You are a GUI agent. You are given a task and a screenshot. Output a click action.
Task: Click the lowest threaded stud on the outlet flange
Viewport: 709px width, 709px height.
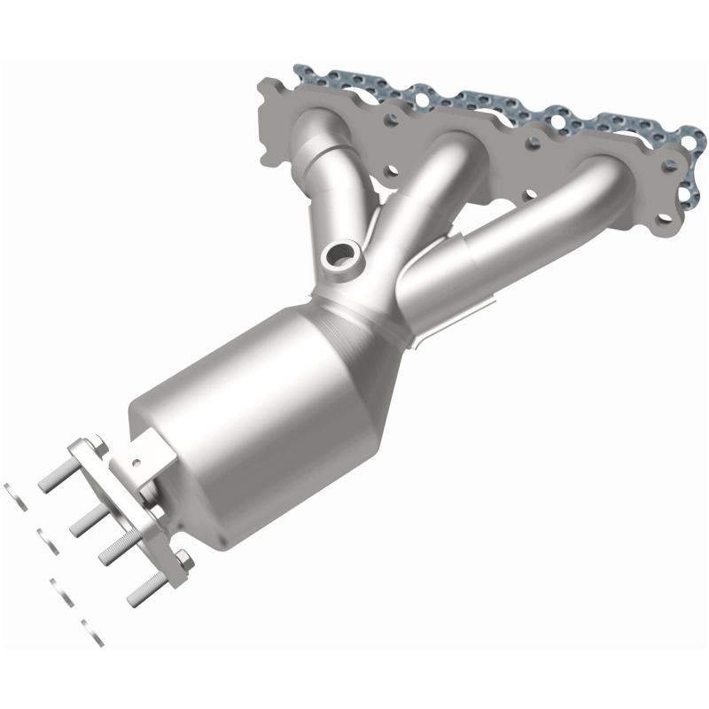coord(145,589)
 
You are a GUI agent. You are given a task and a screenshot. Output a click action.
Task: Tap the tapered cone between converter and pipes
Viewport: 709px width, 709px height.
coord(354,337)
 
